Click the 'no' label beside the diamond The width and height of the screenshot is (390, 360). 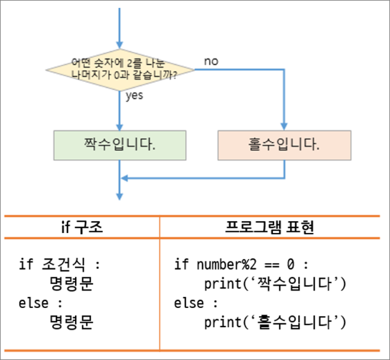pos(211,61)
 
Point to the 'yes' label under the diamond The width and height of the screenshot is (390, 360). pos(135,96)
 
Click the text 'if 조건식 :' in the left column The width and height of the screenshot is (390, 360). pos(60,265)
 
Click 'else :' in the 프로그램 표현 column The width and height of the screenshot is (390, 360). pos(197,304)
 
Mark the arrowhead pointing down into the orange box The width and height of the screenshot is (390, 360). pos(284,125)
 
